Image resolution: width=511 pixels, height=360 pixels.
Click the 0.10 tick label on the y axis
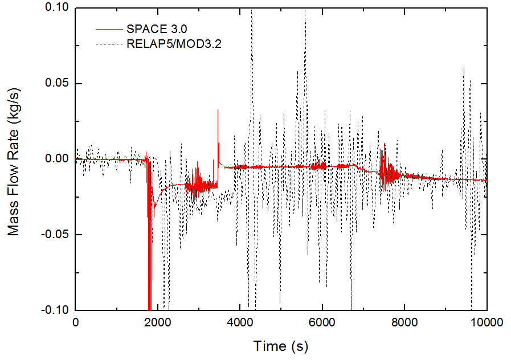(x=56, y=8)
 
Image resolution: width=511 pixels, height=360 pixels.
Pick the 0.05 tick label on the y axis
(x=56, y=84)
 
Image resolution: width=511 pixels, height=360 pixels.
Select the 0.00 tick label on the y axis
(x=56, y=159)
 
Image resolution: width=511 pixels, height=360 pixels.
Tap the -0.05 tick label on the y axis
(x=55, y=235)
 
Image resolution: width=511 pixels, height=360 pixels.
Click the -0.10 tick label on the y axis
(x=55, y=310)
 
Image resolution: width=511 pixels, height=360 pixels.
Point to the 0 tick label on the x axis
(x=76, y=322)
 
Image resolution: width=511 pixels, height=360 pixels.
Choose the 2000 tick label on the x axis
(x=158, y=322)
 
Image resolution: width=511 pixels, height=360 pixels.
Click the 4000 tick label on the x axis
(x=240, y=322)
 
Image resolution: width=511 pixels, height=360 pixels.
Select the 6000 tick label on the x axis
(x=322, y=322)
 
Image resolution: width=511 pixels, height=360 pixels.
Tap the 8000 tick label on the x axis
(x=404, y=322)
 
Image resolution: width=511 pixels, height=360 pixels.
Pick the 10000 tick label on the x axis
(x=486, y=322)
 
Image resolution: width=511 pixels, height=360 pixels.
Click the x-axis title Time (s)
(x=281, y=345)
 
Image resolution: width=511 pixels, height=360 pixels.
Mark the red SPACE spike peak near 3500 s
(x=218, y=111)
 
